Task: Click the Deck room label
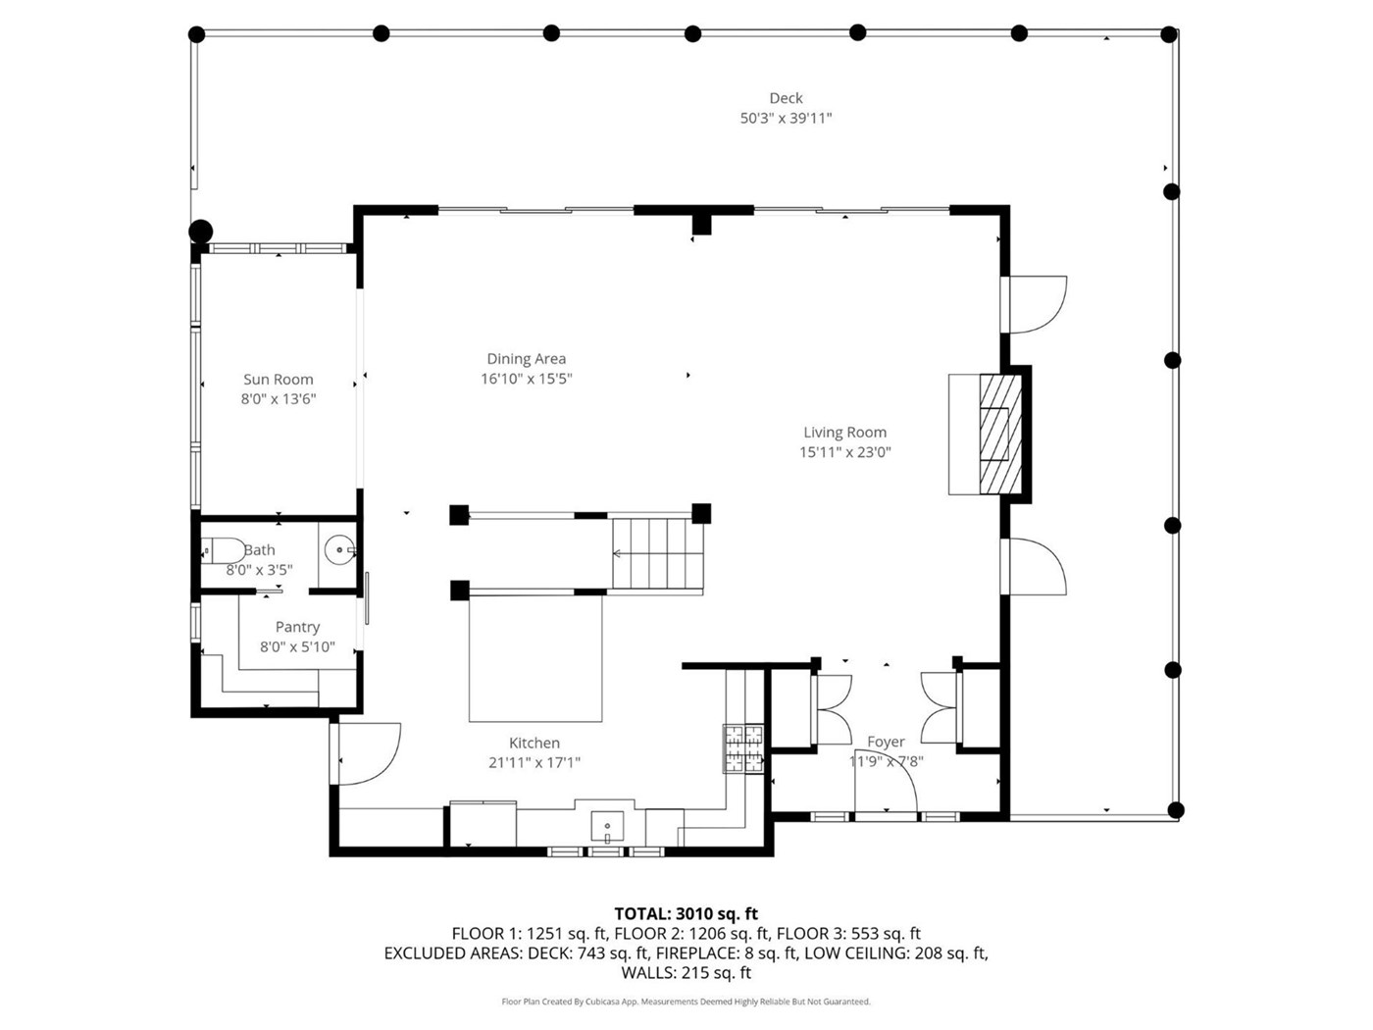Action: point(785,98)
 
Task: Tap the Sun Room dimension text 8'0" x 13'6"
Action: point(279,399)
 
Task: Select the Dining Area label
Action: point(526,359)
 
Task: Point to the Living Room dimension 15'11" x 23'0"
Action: point(844,451)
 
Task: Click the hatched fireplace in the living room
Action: point(1001,434)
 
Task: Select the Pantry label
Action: point(298,627)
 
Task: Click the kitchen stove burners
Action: point(743,747)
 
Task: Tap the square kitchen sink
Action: point(607,826)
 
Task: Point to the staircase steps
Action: point(657,553)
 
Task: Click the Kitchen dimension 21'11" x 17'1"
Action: point(534,762)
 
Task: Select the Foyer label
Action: point(886,742)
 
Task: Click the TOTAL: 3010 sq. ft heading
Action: point(686,913)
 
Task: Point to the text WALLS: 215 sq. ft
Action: point(686,972)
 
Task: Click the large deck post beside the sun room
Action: point(201,232)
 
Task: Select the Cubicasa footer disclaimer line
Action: point(686,1002)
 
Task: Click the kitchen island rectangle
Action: point(535,658)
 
